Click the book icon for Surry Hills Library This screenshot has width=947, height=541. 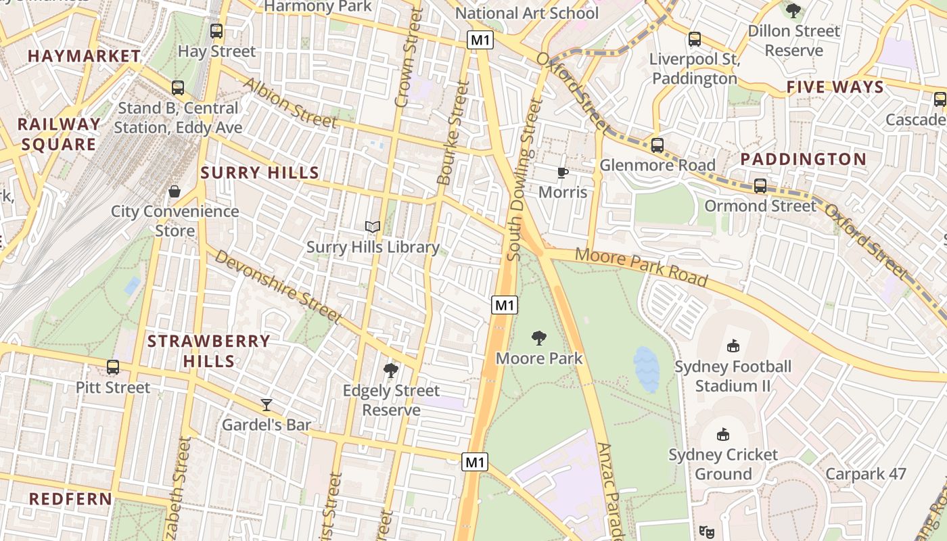click(x=373, y=227)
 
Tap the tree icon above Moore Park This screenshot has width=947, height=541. click(x=539, y=337)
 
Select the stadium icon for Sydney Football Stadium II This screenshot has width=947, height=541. click(x=733, y=346)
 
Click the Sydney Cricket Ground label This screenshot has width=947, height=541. click(x=723, y=464)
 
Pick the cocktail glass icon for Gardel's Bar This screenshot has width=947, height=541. click(x=267, y=404)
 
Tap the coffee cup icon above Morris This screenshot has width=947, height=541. click(x=563, y=172)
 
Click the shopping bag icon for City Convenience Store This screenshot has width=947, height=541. click(x=175, y=191)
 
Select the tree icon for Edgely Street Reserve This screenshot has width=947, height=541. click(x=390, y=370)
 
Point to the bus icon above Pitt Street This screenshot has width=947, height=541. click(x=113, y=367)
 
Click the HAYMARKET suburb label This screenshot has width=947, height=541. click(x=85, y=56)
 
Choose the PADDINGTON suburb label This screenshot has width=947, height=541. click(x=803, y=159)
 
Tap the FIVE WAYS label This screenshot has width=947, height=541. click(x=835, y=87)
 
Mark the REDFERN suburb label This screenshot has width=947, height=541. click(x=71, y=499)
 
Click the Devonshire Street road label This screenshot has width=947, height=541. click(x=278, y=285)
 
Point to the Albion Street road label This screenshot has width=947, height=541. click(x=290, y=103)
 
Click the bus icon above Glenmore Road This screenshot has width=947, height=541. click(x=657, y=145)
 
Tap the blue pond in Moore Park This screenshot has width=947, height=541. click(x=646, y=370)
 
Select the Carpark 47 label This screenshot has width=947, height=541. click(x=865, y=473)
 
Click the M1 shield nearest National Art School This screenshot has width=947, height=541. click(x=480, y=40)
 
